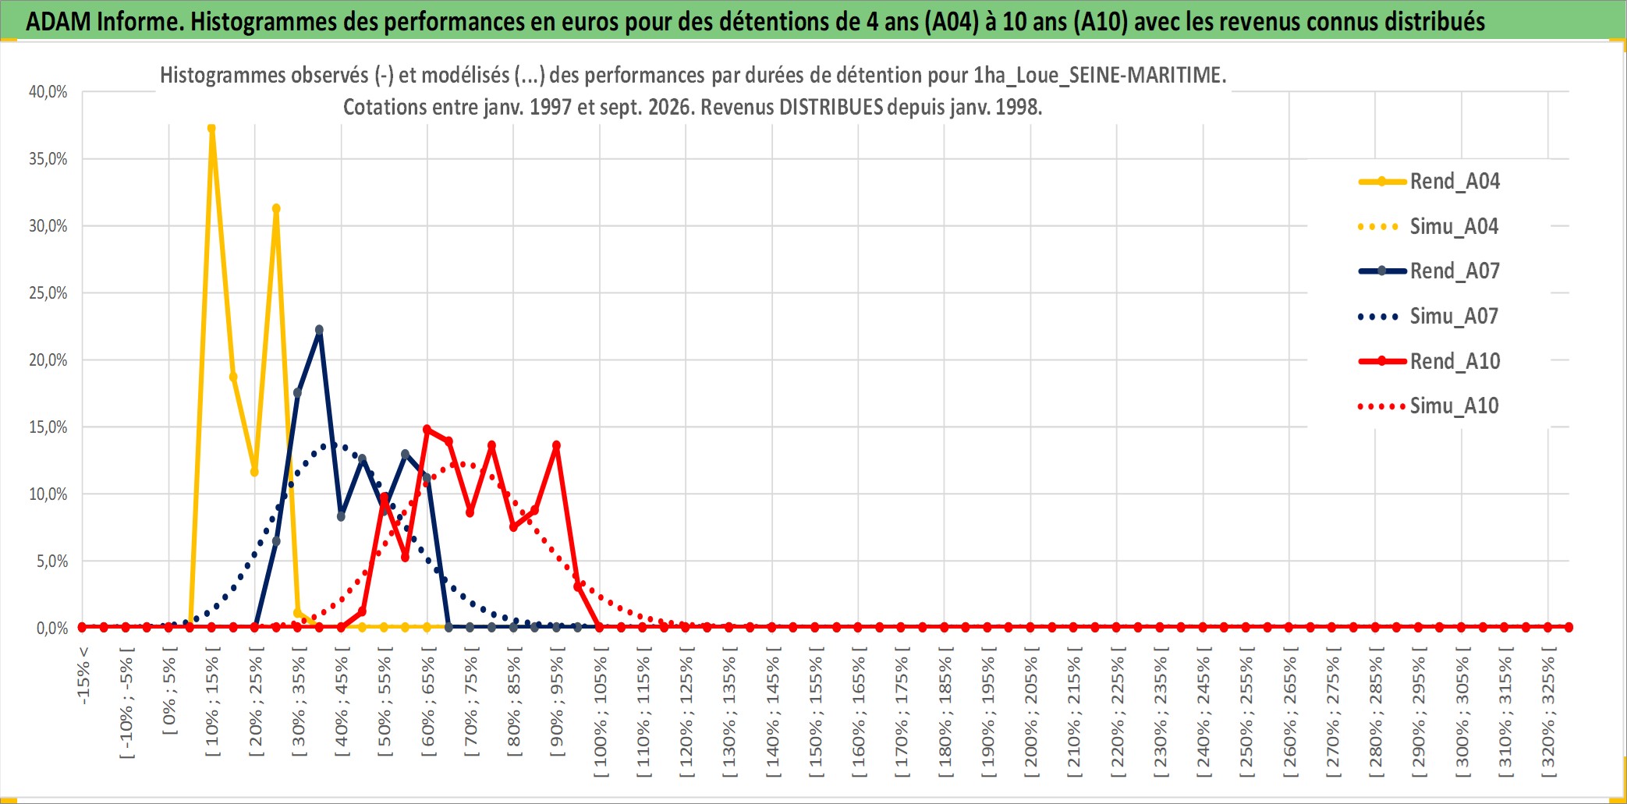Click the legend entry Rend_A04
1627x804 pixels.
[x=1429, y=182]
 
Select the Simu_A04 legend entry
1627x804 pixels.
[x=1429, y=227]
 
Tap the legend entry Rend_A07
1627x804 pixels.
[x=1429, y=271]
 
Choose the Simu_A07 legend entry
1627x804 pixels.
[x=1429, y=317]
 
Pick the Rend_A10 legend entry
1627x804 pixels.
[x=1429, y=361]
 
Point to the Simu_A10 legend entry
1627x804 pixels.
[x=1429, y=406]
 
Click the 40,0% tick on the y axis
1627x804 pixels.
[x=48, y=92]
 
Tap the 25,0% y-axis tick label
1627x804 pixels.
[x=48, y=293]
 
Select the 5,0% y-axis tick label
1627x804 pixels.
[x=52, y=561]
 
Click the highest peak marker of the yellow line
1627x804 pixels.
[x=211, y=129]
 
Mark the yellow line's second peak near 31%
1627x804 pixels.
[x=276, y=208]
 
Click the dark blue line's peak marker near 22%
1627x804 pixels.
[x=319, y=330]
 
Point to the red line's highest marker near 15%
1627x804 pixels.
[x=427, y=429]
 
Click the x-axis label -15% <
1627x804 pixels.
[x=83, y=675]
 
